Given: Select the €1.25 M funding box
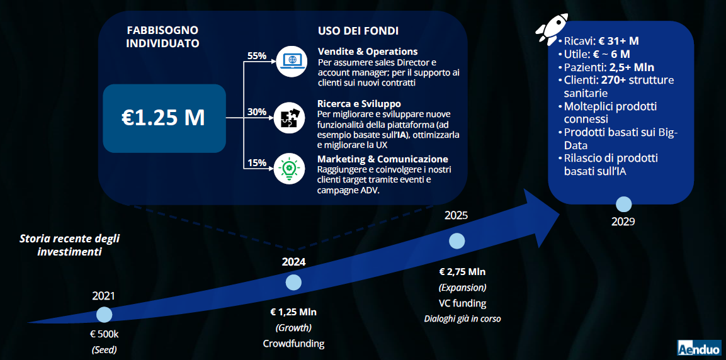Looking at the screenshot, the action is [164, 118].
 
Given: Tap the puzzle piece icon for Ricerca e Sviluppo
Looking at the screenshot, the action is [290, 118].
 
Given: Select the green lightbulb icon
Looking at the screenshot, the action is [290, 169].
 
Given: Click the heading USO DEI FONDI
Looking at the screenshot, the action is [358, 31].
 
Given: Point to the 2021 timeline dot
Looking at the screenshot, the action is [104, 315].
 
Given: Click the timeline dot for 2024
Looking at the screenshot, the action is [293, 282].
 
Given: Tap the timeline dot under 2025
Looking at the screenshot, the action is [457, 241].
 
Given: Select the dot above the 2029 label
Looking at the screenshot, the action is [623, 204].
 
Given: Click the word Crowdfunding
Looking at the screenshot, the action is [293, 344].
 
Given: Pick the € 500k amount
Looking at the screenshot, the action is [104, 334].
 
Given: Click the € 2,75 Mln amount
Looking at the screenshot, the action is [462, 272].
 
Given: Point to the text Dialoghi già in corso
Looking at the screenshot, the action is [463, 319].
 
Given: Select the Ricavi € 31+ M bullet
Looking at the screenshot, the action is [598, 41].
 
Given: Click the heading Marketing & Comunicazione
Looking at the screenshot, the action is [382, 159].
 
